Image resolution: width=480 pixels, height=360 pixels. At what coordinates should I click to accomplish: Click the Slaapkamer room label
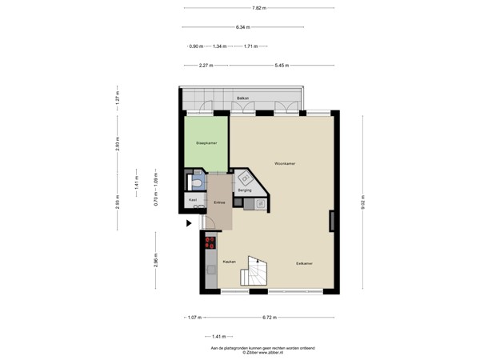pos(206,143)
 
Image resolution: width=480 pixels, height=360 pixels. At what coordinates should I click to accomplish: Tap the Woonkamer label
pos(285,163)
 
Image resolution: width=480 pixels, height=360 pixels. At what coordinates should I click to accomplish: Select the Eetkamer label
pos(304,262)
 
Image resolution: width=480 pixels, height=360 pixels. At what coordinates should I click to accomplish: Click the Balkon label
pos(242,98)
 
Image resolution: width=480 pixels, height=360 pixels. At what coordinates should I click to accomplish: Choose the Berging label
pos(245,190)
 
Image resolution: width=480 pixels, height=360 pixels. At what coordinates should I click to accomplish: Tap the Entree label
pos(218,202)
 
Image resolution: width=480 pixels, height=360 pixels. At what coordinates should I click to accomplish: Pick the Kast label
pos(193,199)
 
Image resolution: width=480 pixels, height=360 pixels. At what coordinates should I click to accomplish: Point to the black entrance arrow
pos(190,224)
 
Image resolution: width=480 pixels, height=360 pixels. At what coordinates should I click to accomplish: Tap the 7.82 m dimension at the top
pos(258,8)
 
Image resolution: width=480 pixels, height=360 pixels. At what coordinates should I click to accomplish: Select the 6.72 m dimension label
pos(270,318)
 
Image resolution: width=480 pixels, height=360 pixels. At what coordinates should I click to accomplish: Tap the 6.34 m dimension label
pos(243,27)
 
